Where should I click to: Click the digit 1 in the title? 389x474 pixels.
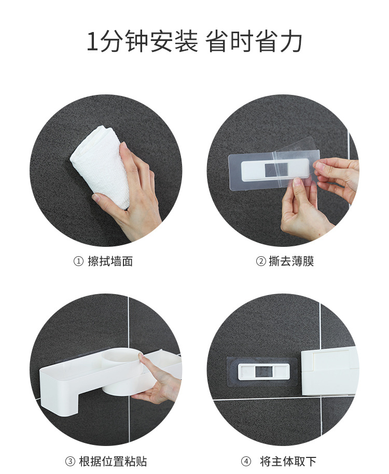[x=92, y=41]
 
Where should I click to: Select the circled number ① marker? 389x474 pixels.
[x=78, y=261]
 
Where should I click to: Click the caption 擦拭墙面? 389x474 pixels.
[x=110, y=261]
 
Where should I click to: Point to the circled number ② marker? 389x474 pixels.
[x=261, y=261]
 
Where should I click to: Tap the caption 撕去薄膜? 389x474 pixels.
[x=291, y=261]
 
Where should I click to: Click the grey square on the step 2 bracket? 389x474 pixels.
[x=276, y=170]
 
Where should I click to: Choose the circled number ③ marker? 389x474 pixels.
[x=70, y=462]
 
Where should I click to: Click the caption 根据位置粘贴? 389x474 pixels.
[x=113, y=462]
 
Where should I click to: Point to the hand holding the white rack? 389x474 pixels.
[x=157, y=381]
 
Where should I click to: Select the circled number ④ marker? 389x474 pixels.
[x=246, y=462]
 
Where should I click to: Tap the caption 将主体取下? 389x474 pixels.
[x=288, y=462]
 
